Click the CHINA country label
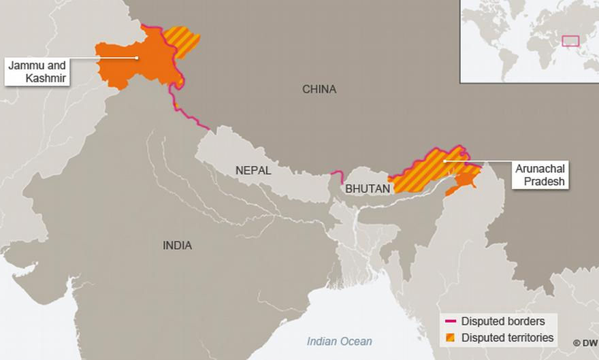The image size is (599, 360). coord(319,89)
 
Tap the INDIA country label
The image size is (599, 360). coord(177,245)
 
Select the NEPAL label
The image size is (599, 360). coord(253,171)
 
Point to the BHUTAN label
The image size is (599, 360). coord(368,189)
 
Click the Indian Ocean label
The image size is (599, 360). coord(340,341)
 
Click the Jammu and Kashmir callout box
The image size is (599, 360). coord(37,71)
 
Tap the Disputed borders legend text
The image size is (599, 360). coord(503,321)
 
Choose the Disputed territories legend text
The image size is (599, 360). coord(507,338)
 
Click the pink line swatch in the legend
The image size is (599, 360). coord(450,321)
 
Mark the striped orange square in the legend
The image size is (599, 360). coord(450,338)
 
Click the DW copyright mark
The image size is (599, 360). coord(585,343)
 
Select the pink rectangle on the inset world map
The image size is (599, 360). coord(570,41)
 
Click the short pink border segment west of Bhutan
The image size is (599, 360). coord(334,176)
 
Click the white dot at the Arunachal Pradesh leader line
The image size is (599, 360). coord(444,161)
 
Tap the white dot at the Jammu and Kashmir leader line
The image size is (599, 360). coord(138,58)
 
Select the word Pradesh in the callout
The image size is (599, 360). coord(532,182)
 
